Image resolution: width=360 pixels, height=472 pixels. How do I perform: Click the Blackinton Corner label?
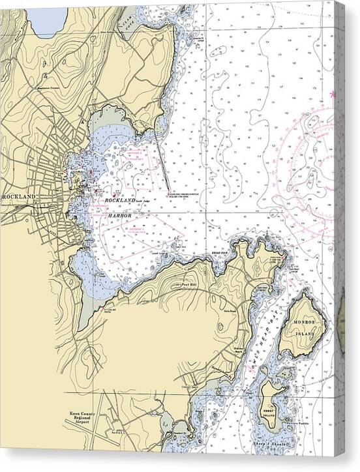(x=52, y=87)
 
